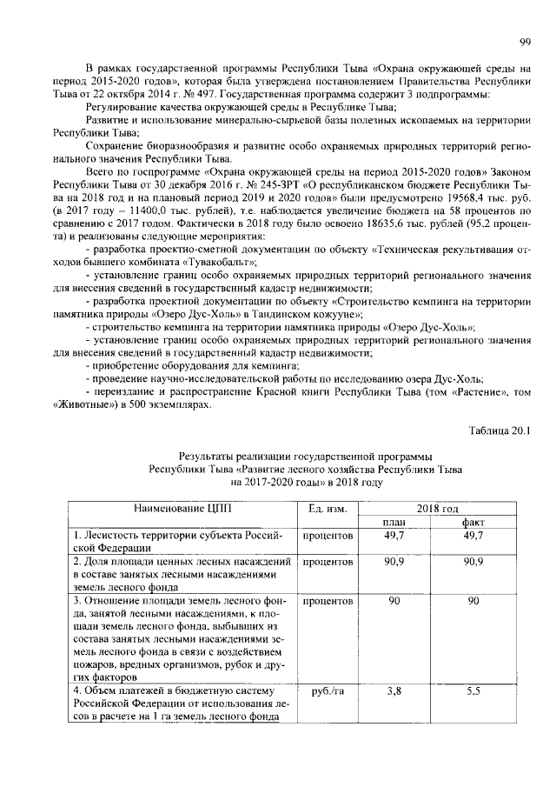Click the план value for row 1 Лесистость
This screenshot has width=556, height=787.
click(395, 535)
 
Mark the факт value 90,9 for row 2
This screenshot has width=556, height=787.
click(473, 563)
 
